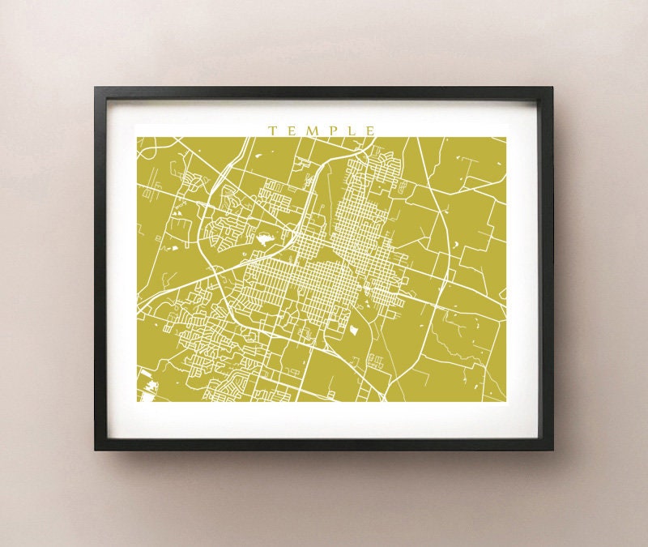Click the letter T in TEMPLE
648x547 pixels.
point(272,130)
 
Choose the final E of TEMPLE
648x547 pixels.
point(371,130)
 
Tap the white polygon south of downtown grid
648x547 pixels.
point(354,330)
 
